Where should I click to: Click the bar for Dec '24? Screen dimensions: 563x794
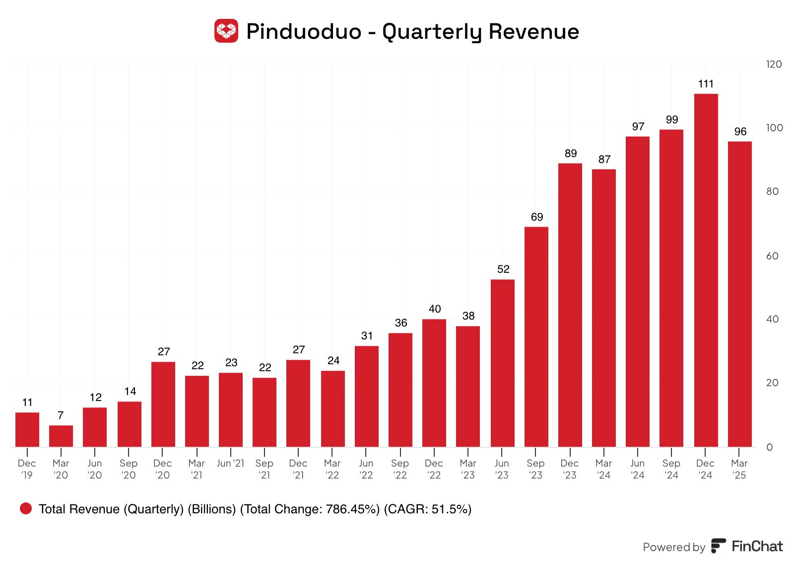coord(706,270)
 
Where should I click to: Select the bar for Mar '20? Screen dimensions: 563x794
coord(61,436)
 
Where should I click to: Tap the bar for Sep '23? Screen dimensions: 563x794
coord(536,337)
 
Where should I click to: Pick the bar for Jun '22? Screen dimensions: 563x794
coord(366,396)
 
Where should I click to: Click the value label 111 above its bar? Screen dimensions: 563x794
coord(706,84)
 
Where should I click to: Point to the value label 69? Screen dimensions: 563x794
coord(536,217)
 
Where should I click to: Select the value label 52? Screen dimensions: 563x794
coord(503,269)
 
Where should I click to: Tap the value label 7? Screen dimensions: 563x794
coord(61,415)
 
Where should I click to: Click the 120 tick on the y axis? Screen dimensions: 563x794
coord(774,64)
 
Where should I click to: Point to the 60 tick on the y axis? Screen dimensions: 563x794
coord(772,256)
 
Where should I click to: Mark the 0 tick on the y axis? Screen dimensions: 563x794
coord(769,447)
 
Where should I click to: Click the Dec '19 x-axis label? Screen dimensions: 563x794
coord(27,469)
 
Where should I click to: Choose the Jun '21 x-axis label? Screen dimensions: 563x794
coord(230,463)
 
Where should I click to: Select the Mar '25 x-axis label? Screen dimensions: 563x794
coord(739,469)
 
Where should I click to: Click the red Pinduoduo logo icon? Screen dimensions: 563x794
coord(226,31)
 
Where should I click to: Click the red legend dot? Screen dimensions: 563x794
coord(26,508)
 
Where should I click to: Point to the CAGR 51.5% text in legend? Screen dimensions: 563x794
coord(427,509)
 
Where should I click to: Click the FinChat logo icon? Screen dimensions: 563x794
coord(718,546)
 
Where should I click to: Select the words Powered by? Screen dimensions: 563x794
coord(673,547)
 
